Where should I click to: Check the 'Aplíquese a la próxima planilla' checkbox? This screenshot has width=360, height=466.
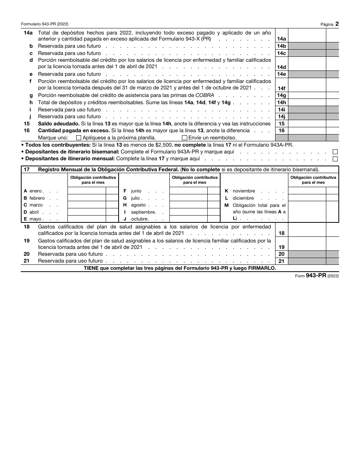[78, 138]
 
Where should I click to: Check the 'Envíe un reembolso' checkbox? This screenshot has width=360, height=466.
[185, 138]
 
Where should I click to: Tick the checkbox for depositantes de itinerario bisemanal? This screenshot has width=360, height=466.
[335, 152]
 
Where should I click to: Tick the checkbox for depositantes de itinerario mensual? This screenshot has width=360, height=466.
[335, 159]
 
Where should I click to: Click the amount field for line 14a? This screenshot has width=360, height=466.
[307, 36]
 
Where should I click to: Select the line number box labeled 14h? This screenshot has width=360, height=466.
[282, 103]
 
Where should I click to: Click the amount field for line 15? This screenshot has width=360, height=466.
[307, 124]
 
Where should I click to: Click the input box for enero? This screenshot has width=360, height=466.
[86, 191]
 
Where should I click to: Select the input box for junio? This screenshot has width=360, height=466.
[188, 191]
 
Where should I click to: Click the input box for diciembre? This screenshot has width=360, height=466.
[307, 198]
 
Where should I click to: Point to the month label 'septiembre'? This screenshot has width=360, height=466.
[143, 212]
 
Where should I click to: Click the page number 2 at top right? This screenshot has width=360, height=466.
[337, 23]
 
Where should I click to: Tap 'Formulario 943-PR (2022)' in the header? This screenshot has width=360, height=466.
[45, 24]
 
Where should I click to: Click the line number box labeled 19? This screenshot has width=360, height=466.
[282, 247]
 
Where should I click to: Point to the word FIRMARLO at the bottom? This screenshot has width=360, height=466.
[261, 268]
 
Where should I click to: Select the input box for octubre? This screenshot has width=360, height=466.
[188, 219]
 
